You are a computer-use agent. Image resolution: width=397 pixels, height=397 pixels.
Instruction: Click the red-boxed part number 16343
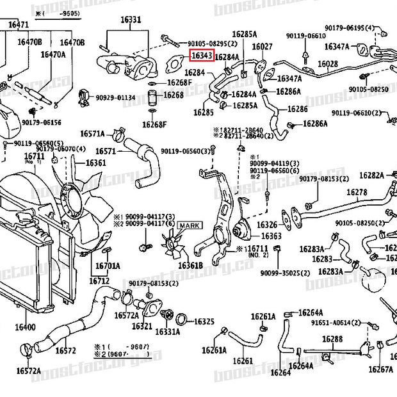point(202,56)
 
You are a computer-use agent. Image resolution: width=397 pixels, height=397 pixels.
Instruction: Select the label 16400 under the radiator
point(25,327)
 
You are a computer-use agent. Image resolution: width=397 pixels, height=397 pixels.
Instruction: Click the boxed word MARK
point(189,225)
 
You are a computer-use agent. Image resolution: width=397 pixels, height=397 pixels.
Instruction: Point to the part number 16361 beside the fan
point(95,163)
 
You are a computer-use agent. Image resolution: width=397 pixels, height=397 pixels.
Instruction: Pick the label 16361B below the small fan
point(190,265)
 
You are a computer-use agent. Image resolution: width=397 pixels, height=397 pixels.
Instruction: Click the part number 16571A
point(92,134)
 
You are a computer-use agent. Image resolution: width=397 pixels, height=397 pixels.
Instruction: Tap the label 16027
point(262,46)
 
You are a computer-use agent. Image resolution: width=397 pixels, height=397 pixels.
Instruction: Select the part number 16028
point(327,64)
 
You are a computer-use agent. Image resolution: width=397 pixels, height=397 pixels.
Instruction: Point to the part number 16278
point(357,192)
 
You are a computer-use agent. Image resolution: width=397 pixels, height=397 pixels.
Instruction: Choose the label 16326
point(267,225)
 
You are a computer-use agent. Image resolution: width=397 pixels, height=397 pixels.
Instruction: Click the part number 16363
point(271,236)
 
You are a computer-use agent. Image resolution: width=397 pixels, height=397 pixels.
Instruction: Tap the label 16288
point(332,339)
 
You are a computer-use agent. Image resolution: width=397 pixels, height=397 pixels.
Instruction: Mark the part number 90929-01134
point(115,98)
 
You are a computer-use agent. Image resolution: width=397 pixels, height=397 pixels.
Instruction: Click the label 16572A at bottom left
point(29,371)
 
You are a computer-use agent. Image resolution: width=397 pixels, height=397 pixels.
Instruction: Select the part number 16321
point(142,326)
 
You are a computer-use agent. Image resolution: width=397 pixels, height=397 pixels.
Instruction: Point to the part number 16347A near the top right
point(337,46)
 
